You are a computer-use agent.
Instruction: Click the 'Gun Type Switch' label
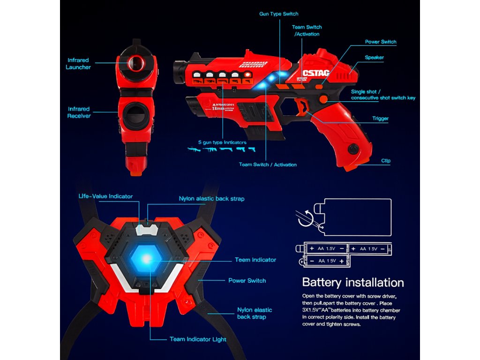pyautogui.click(x=278, y=14)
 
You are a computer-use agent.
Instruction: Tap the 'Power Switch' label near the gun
pyautogui.click(x=381, y=42)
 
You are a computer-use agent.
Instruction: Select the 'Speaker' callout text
pyautogui.click(x=374, y=58)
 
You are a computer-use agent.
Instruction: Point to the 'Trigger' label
pyautogui.click(x=380, y=119)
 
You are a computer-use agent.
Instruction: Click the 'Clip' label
pyautogui.click(x=386, y=161)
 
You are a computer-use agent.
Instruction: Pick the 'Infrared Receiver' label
pyautogui.click(x=78, y=112)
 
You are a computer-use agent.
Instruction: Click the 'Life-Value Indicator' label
pyautogui.click(x=105, y=196)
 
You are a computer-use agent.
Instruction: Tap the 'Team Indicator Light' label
pyautogui.click(x=198, y=339)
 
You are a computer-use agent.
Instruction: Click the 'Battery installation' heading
pyautogui.click(x=353, y=283)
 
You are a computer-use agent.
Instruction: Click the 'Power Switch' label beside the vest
pyautogui.click(x=247, y=281)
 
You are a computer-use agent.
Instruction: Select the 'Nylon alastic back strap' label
pyautogui.click(x=211, y=199)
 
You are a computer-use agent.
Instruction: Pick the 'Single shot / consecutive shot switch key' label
pyautogui.click(x=383, y=95)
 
